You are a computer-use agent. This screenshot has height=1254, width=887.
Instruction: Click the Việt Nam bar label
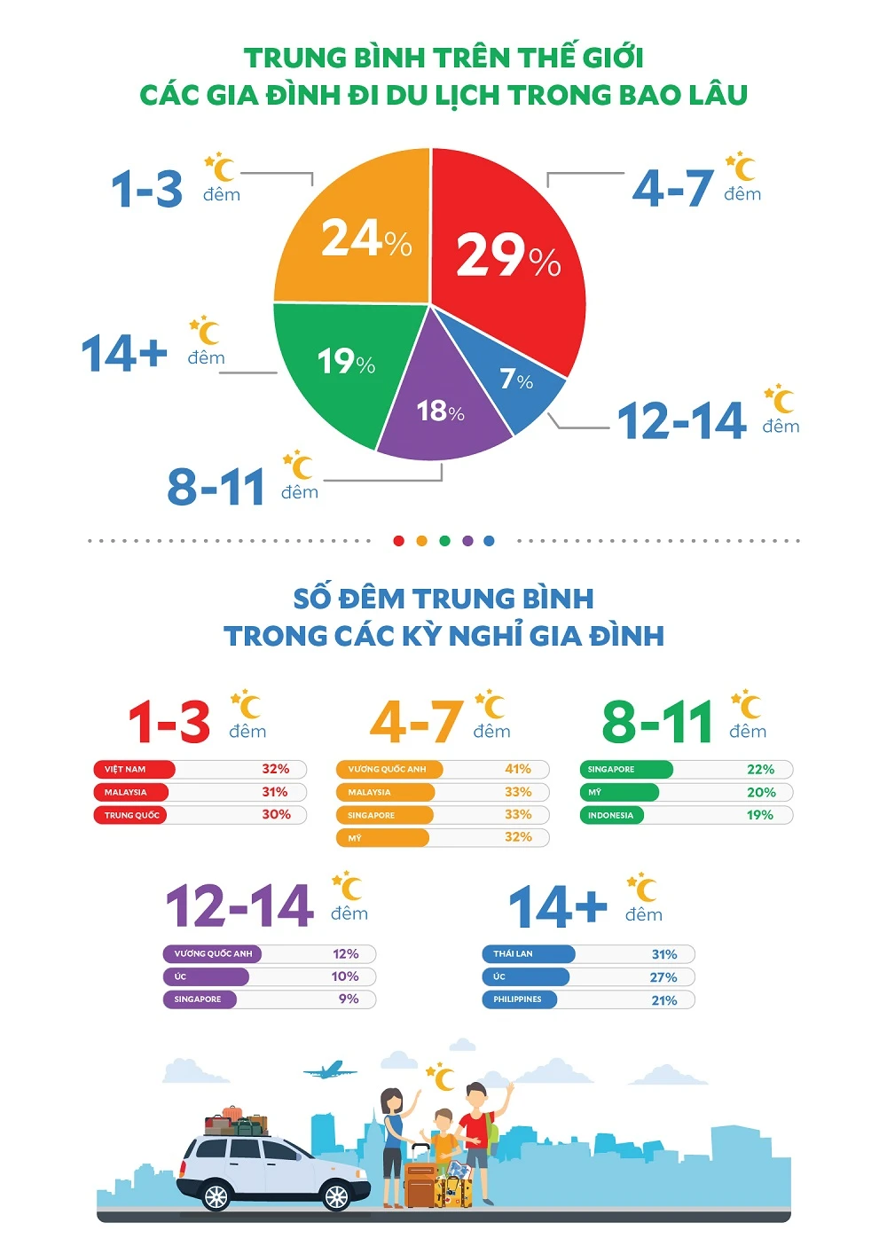[125, 770]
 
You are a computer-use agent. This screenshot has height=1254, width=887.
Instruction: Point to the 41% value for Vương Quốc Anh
[518, 769]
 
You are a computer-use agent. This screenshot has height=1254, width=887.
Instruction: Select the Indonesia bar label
[610, 815]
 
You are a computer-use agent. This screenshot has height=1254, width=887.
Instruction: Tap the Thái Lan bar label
[513, 954]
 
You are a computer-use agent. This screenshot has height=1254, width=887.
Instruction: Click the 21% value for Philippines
[664, 1000]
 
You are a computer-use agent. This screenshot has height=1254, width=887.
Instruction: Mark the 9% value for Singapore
[349, 999]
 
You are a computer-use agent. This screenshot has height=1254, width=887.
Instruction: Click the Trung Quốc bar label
[132, 815]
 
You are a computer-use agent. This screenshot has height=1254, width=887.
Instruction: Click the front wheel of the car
[336, 1196]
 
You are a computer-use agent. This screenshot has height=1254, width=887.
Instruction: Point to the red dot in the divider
[398, 541]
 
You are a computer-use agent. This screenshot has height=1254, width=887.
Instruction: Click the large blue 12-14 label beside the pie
[681, 421]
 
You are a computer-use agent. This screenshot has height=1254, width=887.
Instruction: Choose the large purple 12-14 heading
[239, 906]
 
